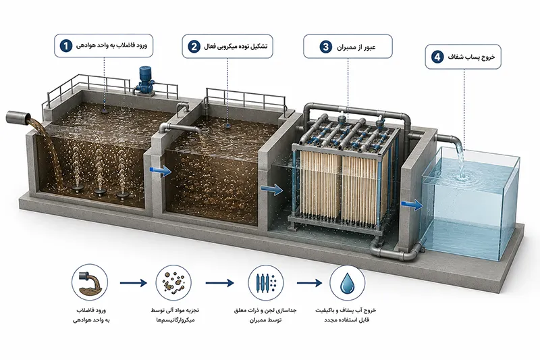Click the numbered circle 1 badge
pyautogui.click(x=65, y=45)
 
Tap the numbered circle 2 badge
pyautogui.click(x=194, y=46)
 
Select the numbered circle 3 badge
pyautogui.click(x=326, y=47)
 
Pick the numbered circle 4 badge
pyautogui.click(x=437, y=57)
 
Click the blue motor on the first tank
pyautogui.click(x=145, y=80)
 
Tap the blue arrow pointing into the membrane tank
pyautogui.click(x=272, y=189)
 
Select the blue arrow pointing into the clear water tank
pyautogui.click(x=412, y=205)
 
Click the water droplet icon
pyautogui.click(x=347, y=283)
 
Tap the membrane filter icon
pyautogui.click(x=265, y=283)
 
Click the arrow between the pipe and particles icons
pyautogui.click(x=133, y=283)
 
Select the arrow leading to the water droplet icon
pyautogui.click(x=309, y=283)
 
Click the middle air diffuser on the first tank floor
pyautogui.click(x=100, y=192)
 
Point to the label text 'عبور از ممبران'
pyautogui.click(x=356, y=47)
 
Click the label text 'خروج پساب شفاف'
pyautogui.click(x=471, y=57)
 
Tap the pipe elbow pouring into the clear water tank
pyautogui.click(x=454, y=142)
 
